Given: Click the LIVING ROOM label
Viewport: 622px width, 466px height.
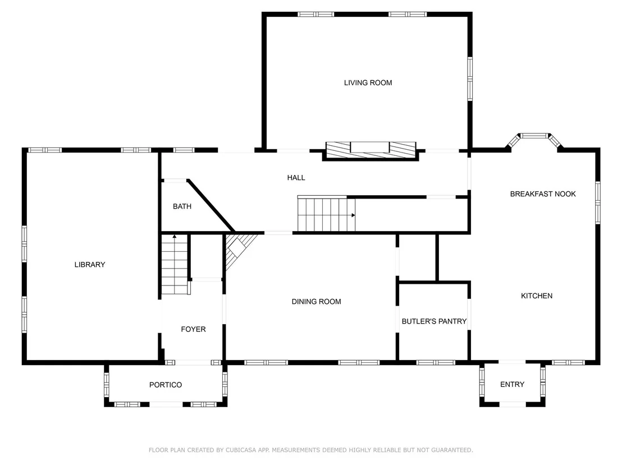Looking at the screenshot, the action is pos(368,83).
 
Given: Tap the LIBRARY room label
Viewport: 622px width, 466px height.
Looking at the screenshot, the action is pos(90,265).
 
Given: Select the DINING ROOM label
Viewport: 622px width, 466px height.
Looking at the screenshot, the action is pos(316,302).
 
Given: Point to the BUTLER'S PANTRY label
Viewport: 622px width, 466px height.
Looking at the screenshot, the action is pos(434,321).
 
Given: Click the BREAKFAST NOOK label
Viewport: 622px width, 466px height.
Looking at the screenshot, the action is pos(543,194).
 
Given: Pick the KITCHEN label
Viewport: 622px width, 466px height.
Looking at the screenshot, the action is pos(536,296).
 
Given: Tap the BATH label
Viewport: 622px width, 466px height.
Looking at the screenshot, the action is pos(182,206).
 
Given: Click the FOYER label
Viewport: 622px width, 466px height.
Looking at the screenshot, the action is pos(193,329).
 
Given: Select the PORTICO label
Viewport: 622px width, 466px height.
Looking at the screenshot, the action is pos(166,385).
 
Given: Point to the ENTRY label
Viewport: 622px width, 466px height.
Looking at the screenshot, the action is pos(512,384).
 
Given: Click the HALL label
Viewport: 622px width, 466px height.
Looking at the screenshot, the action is pos(296,178).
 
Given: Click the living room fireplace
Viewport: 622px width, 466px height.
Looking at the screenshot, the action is pos(371,151).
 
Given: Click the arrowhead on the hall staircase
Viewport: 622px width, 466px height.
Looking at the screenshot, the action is pos(353,215).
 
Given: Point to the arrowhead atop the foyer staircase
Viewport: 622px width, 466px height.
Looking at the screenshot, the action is pos(175,237).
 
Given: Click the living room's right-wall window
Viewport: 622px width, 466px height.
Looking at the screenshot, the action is pos(470,79).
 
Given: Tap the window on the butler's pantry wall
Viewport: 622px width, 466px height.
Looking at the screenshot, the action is pos(436,362).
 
